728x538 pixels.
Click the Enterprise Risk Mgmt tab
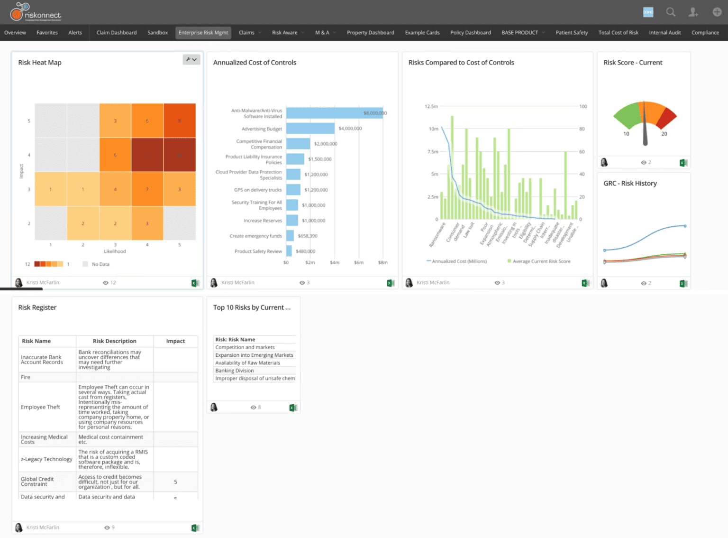click(203, 33)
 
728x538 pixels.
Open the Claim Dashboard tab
click(116, 33)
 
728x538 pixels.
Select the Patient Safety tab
click(572, 33)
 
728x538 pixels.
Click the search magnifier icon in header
click(671, 12)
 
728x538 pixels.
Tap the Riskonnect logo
click(36, 12)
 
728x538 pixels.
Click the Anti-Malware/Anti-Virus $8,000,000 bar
click(334, 113)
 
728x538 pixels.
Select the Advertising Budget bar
click(310, 129)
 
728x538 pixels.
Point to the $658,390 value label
click(308, 236)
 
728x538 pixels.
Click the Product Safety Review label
click(258, 251)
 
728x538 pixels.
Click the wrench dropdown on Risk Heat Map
click(191, 59)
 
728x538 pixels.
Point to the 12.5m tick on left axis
click(431, 106)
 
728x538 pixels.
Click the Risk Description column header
click(115, 341)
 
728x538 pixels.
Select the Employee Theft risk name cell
click(41, 407)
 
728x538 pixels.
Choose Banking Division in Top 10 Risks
click(235, 371)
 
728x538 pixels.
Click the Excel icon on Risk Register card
click(195, 528)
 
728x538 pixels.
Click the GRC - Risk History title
click(630, 183)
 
